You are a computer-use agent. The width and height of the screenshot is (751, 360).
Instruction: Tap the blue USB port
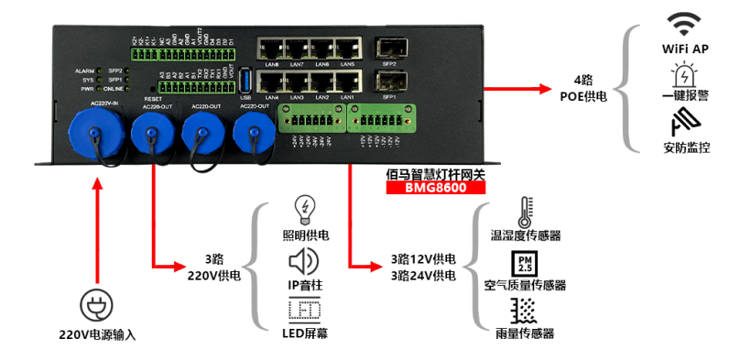pyautogui.click(x=245, y=82)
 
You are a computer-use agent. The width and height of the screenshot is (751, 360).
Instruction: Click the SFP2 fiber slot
pyautogui.click(x=387, y=49)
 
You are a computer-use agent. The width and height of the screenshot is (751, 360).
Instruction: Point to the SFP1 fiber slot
pyautogui.click(x=387, y=82)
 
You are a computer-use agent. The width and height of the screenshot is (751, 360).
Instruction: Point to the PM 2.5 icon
pyautogui.click(x=525, y=263)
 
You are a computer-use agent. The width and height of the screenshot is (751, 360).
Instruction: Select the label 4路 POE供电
pyautogui.click(x=582, y=87)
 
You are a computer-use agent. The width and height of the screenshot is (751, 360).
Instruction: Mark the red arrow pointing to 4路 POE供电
pyautogui.click(x=523, y=90)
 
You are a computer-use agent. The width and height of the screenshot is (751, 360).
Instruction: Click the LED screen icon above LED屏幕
pyautogui.click(x=303, y=312)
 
